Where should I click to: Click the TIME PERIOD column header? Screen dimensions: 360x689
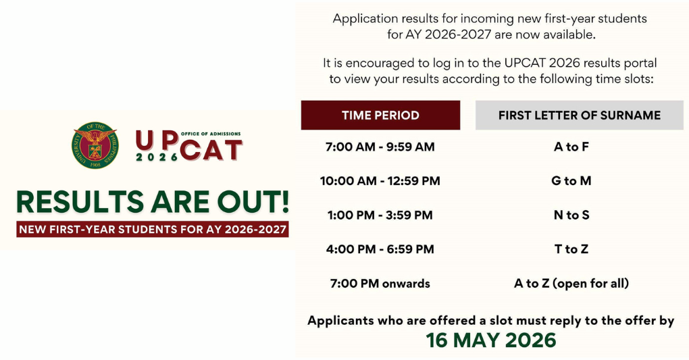pos(380,115)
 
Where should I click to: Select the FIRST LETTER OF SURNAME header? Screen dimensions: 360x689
pos(579,115)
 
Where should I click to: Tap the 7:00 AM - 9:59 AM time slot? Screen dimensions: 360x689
pos(380,147)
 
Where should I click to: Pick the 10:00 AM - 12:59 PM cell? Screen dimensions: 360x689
pos(380,181)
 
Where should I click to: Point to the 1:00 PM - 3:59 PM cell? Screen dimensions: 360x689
pos(380,215)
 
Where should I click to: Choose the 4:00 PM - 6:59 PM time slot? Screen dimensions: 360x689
pos(380,249)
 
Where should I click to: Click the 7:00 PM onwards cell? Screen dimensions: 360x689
pos(380,284)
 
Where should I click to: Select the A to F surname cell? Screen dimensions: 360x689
pos(571,147)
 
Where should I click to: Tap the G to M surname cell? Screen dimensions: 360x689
pos(571,181)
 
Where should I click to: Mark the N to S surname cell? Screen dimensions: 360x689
pos(571,215)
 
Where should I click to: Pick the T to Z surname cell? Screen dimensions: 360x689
pos(571,249)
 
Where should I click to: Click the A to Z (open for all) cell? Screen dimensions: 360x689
pos(571,284)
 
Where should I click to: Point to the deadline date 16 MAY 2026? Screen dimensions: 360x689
pos(491,340)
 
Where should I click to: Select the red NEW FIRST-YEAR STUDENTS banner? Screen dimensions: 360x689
pos(153,230)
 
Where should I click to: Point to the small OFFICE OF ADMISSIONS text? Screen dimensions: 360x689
pos(211,134)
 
